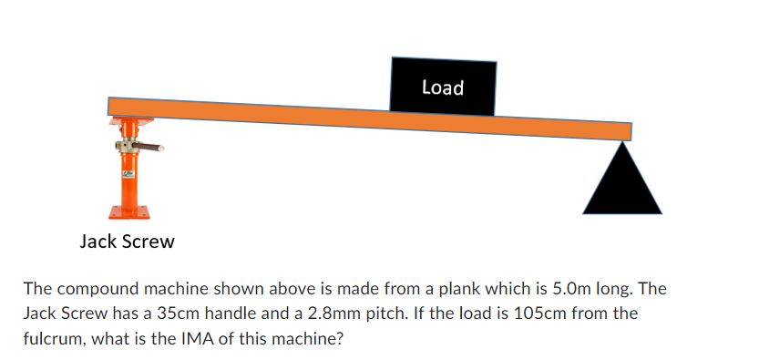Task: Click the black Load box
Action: click(444, 87)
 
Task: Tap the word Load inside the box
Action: click(443, 87)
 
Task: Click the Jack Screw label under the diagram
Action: click(128, 242)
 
